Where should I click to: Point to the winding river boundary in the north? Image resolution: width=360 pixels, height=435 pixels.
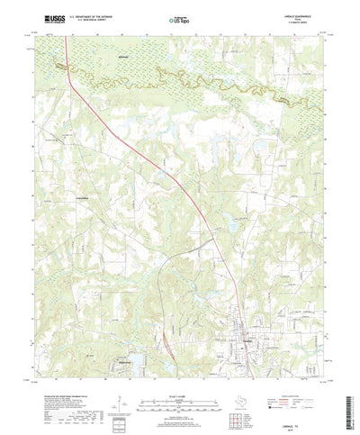[x=180, y=77]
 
